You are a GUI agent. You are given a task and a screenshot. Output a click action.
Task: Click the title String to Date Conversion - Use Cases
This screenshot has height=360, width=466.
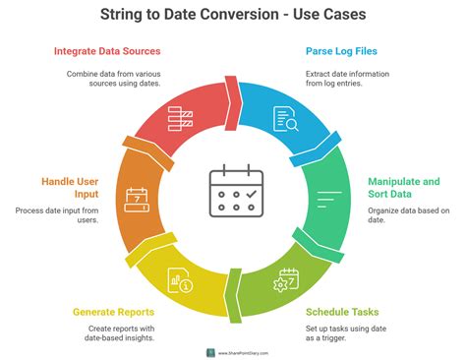point(232,16)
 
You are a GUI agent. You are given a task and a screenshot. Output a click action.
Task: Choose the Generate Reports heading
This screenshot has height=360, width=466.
point(116,312)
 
